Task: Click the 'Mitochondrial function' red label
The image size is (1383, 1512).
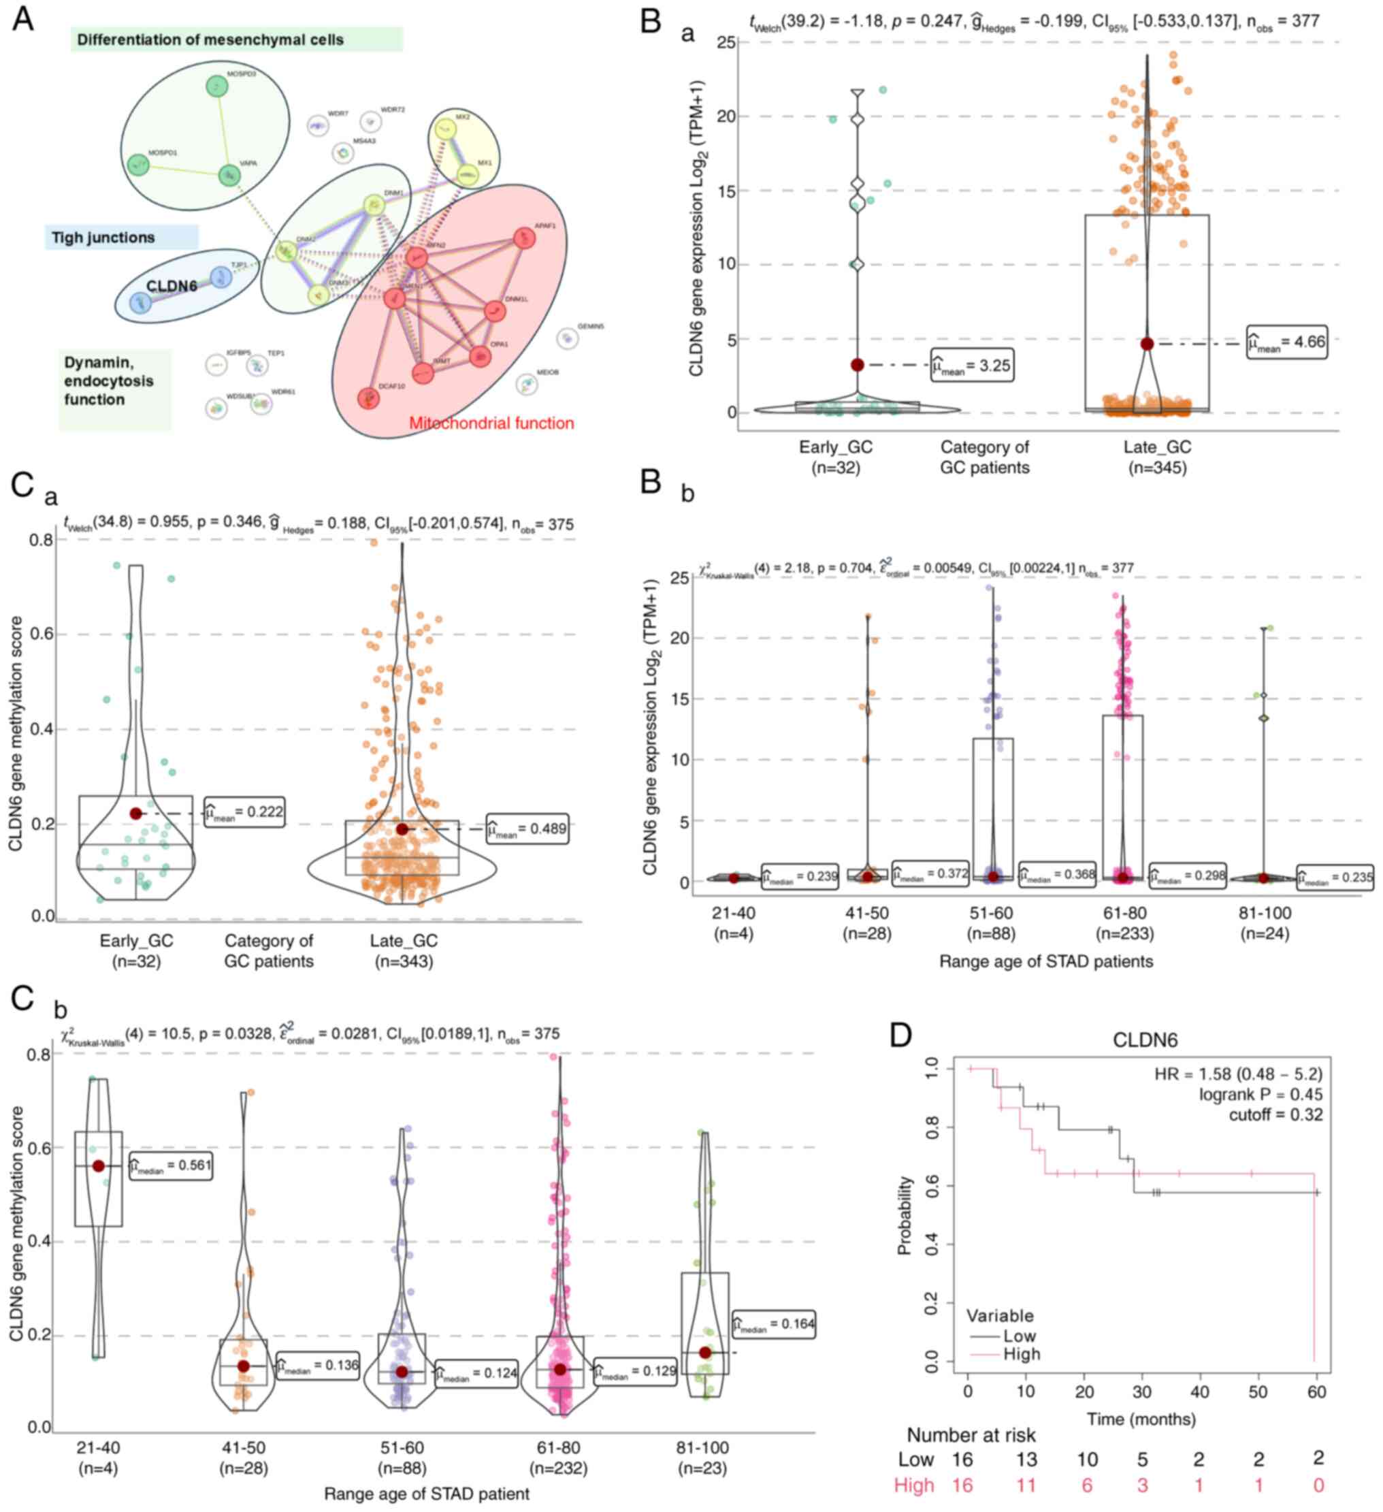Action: (x=491, y=423)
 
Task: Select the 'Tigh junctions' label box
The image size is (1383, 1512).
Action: (x=103, y=238)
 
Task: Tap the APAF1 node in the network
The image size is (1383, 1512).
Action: (x=523, y=238)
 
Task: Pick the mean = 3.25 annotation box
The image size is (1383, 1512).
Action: (x=972, y=366)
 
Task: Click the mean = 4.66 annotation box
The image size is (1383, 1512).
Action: (x=1286, y=342)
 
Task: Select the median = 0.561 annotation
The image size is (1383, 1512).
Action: (x=170, y=1165)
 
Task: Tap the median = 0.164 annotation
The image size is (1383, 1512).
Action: (x=773, y=1323)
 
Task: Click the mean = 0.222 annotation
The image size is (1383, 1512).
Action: (x=244, y=812)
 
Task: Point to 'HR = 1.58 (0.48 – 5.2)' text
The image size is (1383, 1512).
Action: (x=1238, y=1074)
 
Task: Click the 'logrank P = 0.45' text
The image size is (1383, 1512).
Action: (x=1260, y=1094)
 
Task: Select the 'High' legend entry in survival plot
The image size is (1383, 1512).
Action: (x=1022, y=1354)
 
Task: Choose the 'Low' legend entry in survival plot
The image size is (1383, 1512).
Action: (x=1020, y=1336)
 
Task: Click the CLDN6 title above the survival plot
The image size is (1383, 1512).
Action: (x=1145, y=1040)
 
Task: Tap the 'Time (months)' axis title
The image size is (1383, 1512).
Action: (x=1141, y=1419)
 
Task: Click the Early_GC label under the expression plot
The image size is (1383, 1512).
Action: (x=836, y=448)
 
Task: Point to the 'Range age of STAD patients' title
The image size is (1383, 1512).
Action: (x=1045, y=961)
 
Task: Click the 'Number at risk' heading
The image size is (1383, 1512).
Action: (x=971, y=1435)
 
